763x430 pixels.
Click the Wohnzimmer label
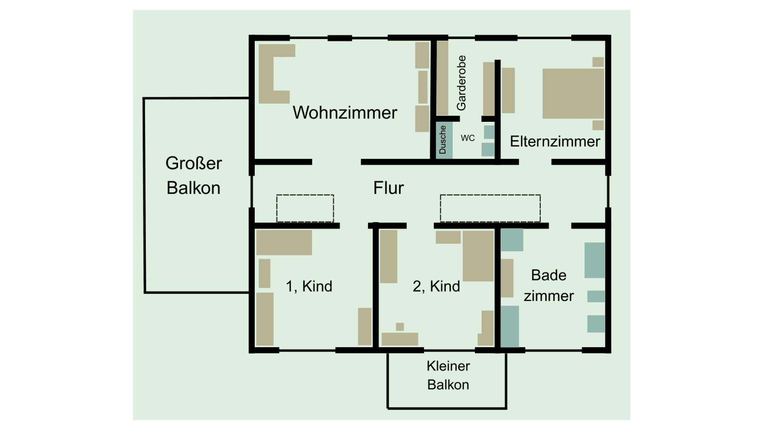point(345,113)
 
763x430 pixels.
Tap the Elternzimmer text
point(554,141)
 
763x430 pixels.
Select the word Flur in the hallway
point(388,188)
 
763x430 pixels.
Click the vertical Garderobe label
point(461,83)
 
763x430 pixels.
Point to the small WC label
point(468,138)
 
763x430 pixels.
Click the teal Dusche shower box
point(443,140)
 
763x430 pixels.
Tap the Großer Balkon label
point(193,175)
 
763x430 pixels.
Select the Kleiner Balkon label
point(448,375)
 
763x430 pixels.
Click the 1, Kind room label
point(309,286)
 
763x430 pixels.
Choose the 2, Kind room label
point(436,286)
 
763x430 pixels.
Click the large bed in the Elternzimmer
point(573,93)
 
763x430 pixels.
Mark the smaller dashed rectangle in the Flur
point(305,208)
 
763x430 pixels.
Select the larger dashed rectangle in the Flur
point(490,208)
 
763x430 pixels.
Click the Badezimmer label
point(549,285)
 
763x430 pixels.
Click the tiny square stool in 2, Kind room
point(400,326)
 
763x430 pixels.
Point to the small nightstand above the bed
point(598,62)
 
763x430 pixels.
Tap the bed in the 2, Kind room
point(478,256)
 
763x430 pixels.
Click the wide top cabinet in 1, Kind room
point(284,242)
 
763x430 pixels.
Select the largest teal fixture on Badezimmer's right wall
point(594,260)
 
